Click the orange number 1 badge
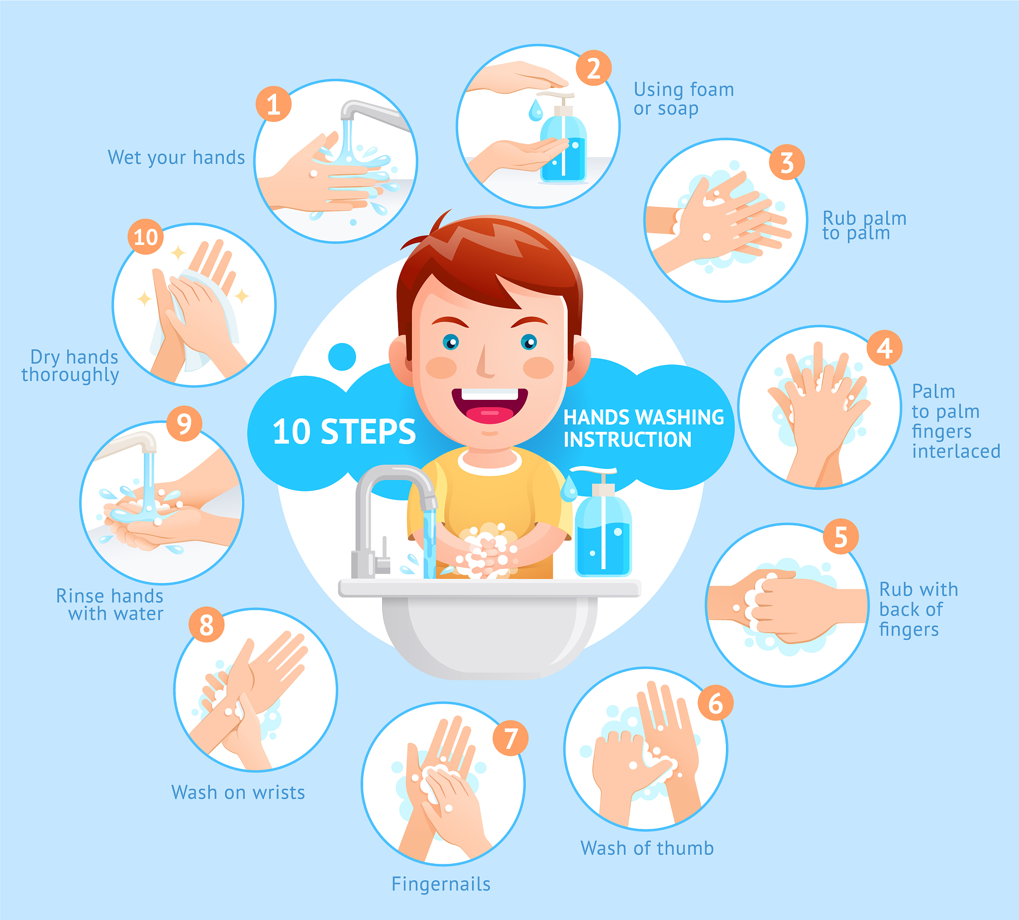pyautogui.click(x=274, y=104)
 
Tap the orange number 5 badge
pyautogui.click(x=840, y=537)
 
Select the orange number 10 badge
pyautogui.click(x=146, y=236)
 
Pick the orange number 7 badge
pyautogui.click(x=510, y=738)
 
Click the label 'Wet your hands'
pyautogui.click(x=177, y=158)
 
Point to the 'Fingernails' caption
pyautogui.click(x=441, y=884)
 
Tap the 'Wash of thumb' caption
pyautogui.click(x=647, y=848)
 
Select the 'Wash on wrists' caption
pyautogui.click(x=238, y=792)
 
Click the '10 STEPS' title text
pyautogui.click(x=344, y=432)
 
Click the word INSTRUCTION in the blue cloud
pyautogui.click(x=627, y=440)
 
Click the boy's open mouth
pyautogui.click(x=489, y=406)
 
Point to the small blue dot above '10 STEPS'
pyautogui.click(x=342, y=357)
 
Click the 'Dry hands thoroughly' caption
pyautogui.click(x=70, y=366)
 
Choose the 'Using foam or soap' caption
pyautogui.click(x=684, y=99)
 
